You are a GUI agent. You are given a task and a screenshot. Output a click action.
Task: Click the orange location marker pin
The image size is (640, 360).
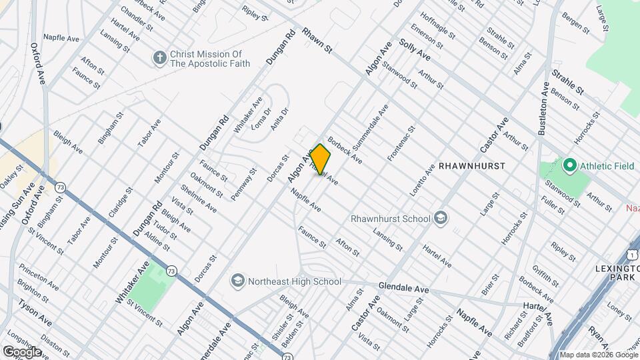(x=321, y=159)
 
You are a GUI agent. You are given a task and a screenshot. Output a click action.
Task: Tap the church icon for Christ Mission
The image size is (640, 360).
(x=159, y=59)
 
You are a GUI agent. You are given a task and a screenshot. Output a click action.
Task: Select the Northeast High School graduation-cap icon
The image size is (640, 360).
(x=237, y=281)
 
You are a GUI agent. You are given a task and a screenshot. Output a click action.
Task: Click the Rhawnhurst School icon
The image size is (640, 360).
(x=440, y=218)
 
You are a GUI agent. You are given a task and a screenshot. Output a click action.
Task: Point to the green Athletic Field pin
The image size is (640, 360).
(x=569, y=164)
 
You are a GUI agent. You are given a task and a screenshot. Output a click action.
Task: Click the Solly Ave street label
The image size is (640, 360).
(x=413, y=51)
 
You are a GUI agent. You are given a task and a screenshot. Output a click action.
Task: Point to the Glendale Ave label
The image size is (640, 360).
(x=403, y=288)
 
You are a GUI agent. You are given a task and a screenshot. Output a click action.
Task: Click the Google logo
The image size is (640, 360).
(x=21, y=351)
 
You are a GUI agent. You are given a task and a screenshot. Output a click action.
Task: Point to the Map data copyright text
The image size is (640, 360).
(x=598, y=355)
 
